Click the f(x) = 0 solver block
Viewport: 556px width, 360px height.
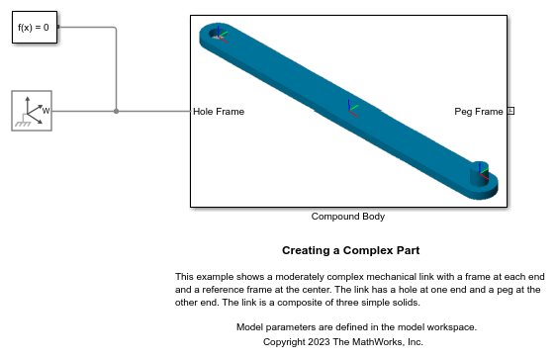point(36,28)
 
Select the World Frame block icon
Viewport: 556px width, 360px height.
point(31,111)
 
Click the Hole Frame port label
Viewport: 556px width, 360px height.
point(219,112)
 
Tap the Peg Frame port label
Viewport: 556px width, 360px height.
point(478,112)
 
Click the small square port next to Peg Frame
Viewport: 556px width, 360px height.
point(510,111)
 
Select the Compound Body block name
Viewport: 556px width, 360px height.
point(347,216)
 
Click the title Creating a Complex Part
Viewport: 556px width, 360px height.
point(350,250)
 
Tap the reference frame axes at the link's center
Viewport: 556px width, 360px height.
point(349,105)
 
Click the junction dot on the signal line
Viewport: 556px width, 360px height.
point(117,112)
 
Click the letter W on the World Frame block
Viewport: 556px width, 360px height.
point(46,112)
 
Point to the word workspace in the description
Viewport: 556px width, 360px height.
point(452,326)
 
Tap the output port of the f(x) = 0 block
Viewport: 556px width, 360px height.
point(59,28)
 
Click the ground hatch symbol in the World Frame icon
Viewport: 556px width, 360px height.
point(22,124)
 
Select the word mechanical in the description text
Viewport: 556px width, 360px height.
point(369,276)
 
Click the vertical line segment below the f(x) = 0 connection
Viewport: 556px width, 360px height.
point(117,69)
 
